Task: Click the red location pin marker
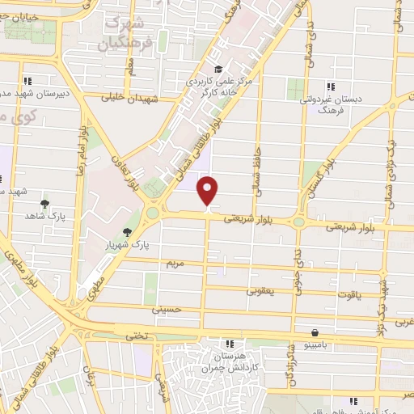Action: [209, 190]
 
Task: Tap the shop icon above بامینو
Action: [314, 332]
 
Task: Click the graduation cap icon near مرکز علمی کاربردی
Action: [218, 70]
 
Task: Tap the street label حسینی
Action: [167, 309]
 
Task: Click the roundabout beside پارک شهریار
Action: [151, 214]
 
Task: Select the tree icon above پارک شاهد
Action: [44, 204]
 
